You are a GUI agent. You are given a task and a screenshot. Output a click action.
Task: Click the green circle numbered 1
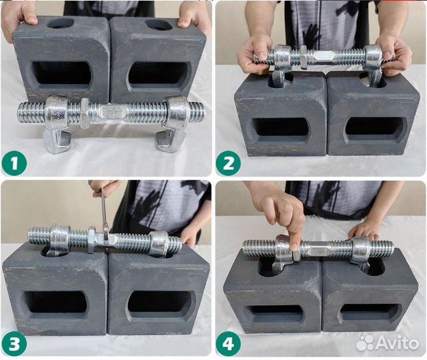(14, 164)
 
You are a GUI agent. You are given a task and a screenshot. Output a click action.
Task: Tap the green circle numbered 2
(228, 163)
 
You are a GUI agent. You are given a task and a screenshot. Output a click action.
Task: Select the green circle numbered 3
(14, 344)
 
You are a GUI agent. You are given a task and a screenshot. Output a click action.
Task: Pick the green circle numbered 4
(228, 344)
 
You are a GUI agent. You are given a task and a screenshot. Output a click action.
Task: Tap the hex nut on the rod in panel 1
(85, 113)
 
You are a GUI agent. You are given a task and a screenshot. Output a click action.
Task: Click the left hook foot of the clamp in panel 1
(57, 141)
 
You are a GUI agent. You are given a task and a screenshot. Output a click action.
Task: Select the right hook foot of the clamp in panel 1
(170, 140)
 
